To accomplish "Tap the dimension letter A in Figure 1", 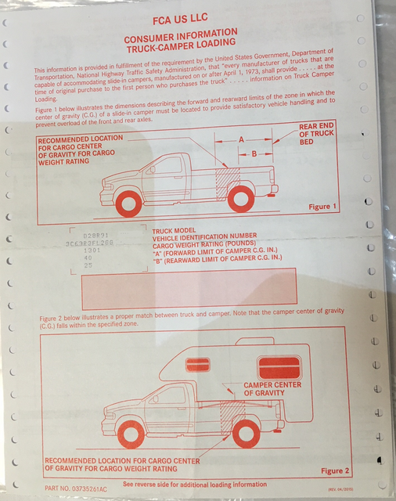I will (x=241, y=139).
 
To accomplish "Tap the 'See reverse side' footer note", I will (x=194, y=485).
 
